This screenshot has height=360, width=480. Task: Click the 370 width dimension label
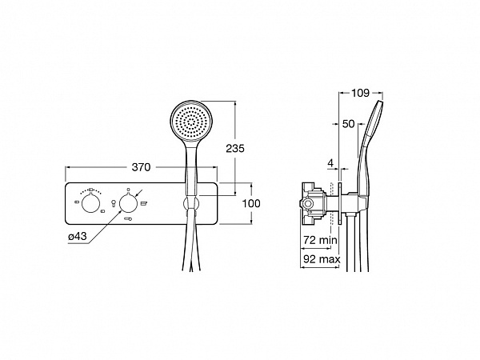point(141,167)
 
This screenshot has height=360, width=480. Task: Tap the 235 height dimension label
point(235,149)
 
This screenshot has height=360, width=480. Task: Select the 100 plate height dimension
point(251,203)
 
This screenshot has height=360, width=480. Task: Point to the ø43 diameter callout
point(78,236)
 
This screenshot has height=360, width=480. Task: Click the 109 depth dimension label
point(360,93)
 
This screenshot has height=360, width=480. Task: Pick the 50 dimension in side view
point(348,124)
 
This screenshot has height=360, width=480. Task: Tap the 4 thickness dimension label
point(330,163)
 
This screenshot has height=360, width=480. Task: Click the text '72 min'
point(320,240)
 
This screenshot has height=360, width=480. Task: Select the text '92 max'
point(322,259)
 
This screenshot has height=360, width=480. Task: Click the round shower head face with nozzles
point(191,121)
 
